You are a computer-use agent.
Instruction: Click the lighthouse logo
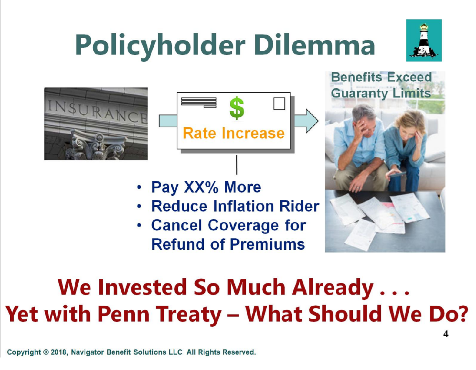424,40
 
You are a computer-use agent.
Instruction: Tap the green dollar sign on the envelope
237,108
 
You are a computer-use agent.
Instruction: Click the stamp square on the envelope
279,104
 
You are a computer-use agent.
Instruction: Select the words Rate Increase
234,133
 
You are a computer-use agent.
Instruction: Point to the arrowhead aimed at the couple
312,121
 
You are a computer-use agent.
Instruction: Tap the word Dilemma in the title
315,44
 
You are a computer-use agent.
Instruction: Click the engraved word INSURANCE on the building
97,111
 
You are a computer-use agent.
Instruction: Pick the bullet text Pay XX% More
206,188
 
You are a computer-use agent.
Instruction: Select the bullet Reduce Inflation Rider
235,206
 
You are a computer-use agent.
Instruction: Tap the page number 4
445,334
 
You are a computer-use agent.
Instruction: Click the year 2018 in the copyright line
58,352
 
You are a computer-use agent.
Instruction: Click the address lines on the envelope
199,103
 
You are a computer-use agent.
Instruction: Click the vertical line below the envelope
237,165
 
